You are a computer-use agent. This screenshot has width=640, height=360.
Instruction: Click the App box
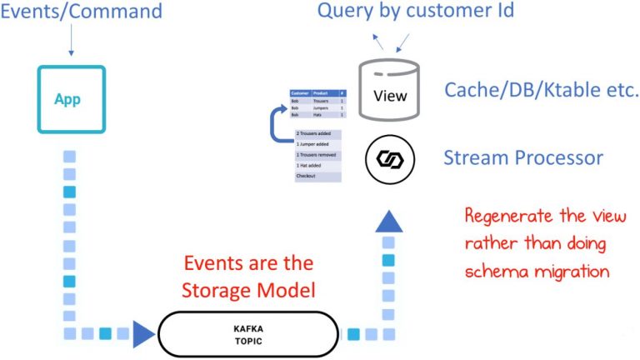tap(71, 97)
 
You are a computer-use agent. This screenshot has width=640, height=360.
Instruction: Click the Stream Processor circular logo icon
tap(390, 157)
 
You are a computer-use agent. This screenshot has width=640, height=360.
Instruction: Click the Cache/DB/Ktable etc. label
tap(541, 90)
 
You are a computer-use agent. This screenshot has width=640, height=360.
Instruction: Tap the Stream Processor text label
tap(523, 157)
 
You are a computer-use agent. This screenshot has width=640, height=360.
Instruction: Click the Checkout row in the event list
tap(317, 177)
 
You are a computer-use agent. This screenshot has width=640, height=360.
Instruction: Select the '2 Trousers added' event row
tap(317, 133)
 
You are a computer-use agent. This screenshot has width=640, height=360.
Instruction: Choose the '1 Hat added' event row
tap(317, 166)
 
